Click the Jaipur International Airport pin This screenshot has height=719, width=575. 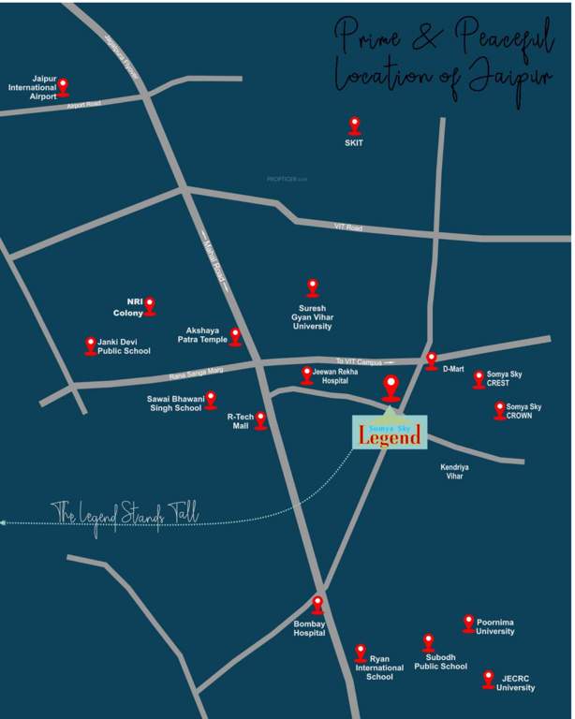click(63, 87)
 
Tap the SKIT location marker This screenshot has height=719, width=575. click(354, 125)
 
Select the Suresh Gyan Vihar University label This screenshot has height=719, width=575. click(313, 316)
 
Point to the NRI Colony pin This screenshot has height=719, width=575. click(150, 306)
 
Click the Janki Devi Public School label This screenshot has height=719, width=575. click(124, 347)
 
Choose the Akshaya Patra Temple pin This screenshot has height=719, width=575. click(235, 336)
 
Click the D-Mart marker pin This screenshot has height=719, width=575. click(431, 359)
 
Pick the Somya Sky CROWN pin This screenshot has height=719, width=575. click(499, 410)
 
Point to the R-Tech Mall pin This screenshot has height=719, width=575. click(261, 420)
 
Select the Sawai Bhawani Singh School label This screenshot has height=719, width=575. click(174, 404)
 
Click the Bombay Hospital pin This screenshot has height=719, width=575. click(317, 605)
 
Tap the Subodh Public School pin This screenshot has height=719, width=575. click(428, 642)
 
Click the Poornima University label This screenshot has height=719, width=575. click(494, 626)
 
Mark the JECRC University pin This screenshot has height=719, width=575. click(488, 679)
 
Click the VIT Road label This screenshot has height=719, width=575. click(347, 227)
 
